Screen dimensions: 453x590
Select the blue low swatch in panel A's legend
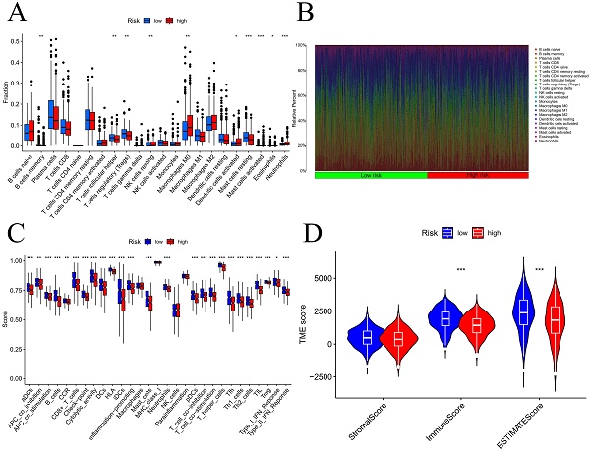(147, 18)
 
